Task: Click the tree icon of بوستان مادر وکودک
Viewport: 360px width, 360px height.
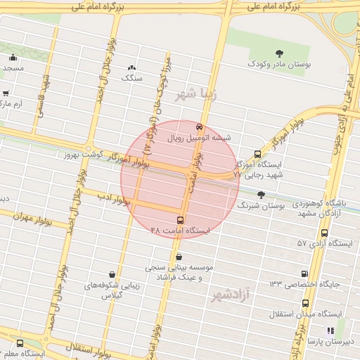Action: point(280,53)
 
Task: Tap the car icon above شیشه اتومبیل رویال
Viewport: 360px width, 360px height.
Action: point(200,127)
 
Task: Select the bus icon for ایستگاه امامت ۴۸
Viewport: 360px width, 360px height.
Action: point(181,220)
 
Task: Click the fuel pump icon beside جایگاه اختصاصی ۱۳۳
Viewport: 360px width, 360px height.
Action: point(304,274)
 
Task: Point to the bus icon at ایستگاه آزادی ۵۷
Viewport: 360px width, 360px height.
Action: point(324,233)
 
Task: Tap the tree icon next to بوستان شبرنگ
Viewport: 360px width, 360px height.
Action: point(262,195)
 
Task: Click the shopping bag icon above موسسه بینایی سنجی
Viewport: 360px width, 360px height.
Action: point(181,257)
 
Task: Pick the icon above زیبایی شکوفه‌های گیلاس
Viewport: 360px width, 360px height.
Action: point(112,274)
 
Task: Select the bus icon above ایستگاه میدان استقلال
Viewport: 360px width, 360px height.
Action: point(305,303)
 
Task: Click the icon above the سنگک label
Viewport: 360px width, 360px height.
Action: point(131,67)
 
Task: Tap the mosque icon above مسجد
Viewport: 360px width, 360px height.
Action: point(13,58)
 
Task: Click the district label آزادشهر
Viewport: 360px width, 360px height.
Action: point(231,295)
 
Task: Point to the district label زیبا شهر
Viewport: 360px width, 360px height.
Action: point(197,93)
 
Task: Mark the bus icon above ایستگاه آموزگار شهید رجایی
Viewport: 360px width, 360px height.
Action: point(257,154)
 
